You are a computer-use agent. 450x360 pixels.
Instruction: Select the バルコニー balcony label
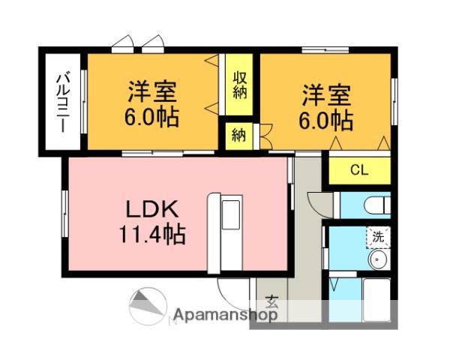click(x=64, y=102)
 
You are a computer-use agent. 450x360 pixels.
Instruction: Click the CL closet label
click(x=359, y=170)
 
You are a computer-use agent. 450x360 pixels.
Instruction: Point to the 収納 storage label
click(x=240, y=85)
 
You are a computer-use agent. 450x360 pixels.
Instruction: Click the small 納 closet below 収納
click(x=238, y=136)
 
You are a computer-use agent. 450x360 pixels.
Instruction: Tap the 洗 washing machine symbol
click(x=378, y=237)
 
